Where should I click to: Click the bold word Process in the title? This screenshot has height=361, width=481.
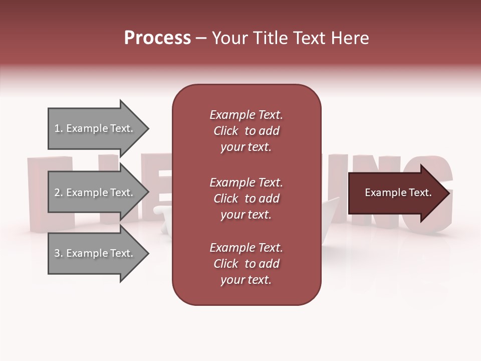coord(157,38)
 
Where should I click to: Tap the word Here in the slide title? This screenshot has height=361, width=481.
coord(350,38)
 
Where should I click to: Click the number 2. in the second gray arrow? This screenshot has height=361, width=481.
coord(59,193)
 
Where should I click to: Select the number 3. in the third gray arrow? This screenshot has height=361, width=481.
coord(59,253)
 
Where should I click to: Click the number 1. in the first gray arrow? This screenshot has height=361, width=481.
coord(58,128)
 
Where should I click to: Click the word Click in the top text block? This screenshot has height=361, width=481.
coord(226,131)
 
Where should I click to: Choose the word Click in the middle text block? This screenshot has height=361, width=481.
coord(226,199)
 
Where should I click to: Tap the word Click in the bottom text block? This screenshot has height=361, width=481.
coord(226,264)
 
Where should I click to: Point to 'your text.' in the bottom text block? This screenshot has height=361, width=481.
coord(246,280)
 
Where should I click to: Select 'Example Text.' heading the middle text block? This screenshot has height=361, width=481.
coord(246,183)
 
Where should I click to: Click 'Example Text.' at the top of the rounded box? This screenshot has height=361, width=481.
coord(246,115)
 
